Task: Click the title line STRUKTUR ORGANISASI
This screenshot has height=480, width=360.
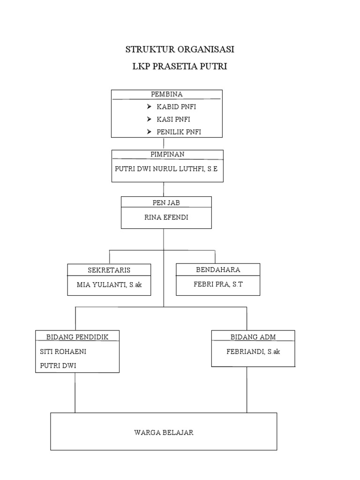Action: click(180, 49)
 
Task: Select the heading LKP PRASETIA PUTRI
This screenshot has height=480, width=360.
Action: click(180, 67)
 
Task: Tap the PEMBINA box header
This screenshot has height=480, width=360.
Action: click(167, 94)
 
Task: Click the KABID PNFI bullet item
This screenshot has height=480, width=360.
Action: click(176, 107)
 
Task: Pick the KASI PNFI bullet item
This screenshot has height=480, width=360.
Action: click(173, 120)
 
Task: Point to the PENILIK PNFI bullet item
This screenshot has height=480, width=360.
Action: click(179, 132)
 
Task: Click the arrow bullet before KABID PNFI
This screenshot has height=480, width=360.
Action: click(149, 107)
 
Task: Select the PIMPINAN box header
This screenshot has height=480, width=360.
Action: click(167, 154)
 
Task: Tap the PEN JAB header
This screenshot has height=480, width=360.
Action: click(166, 203)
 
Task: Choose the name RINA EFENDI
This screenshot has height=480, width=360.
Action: click(166, 217)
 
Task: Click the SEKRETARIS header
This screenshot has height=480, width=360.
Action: click(109, 270)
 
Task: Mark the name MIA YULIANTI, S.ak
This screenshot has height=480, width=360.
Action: click(109, 284)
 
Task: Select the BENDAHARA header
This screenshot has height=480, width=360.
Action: click(217, 270)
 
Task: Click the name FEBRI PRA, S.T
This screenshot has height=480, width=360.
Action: click(218, 284)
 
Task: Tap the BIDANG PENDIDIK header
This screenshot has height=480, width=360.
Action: click(77, 337)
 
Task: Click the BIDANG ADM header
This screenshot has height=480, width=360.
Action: click(253, 337)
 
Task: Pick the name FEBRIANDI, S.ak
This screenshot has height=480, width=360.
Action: click(254, 351)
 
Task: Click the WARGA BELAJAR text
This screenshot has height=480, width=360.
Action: click(164, 433)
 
